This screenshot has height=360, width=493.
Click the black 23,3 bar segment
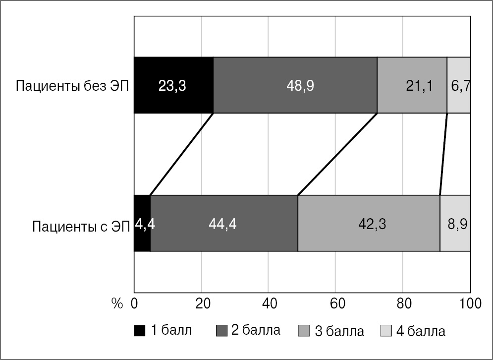(x=173, y=85)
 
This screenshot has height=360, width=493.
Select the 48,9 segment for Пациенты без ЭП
(x=295, y=85)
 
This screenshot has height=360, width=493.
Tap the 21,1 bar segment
(x=412, y=85)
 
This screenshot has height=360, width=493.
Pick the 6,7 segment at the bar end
(x=459, y=85)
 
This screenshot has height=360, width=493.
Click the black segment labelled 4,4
(x=142, y=224)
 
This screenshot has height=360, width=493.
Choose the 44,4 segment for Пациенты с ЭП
(x=224, y=224)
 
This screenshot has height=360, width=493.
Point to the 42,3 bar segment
(x=369, y=224)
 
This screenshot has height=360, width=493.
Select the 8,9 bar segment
(x=455, y=224)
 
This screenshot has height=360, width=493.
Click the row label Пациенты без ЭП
(x=72, y=86)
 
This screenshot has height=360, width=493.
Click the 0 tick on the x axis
(x=134, y=303)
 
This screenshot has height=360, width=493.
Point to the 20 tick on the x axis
(x=201, y=303)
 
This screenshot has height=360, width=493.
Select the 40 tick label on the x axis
(x=268, y=303)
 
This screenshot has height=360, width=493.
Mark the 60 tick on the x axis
(x=335, y=303)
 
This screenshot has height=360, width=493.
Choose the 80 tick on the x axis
(x=402, y=303)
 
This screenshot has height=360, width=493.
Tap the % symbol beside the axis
(x=116, y=303)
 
